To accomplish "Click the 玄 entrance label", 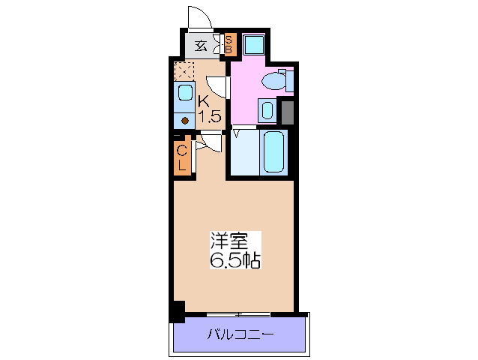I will coord(200,45).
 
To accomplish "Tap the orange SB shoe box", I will coord(229,45).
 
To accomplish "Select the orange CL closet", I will coord(181,158).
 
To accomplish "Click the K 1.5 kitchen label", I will coord(208,107).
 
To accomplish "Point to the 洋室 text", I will coord(229,242).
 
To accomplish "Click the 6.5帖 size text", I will coord(235,262).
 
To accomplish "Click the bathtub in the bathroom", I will coord(273,152).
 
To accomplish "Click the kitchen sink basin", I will coord(184,94).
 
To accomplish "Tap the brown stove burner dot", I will coord(184,118).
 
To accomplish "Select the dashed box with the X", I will coord(184,72).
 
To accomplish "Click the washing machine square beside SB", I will coord(253,45).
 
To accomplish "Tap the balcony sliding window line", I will coord(238,313).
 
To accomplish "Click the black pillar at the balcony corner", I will coord(177,311).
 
